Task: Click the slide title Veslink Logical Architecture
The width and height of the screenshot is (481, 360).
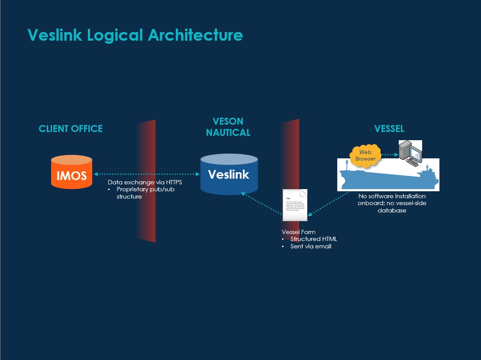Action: [135, 35]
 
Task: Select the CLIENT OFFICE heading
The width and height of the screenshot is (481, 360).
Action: [71, 129]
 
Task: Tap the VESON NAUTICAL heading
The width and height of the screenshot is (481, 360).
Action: [228, 127]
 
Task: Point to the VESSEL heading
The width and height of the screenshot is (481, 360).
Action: [389, 129]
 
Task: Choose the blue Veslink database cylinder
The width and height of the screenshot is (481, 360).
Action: [229, 174]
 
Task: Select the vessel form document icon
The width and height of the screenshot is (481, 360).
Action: [295, 205]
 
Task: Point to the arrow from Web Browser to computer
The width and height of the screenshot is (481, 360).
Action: [390, 154]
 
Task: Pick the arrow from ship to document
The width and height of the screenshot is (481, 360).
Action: [329, 202]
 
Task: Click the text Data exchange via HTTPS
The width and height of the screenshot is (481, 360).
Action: [145, 183]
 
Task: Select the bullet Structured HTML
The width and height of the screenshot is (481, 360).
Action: [313, 239]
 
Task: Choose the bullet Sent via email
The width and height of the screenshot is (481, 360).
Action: [310, 246]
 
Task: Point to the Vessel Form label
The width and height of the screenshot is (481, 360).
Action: [299, 232]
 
